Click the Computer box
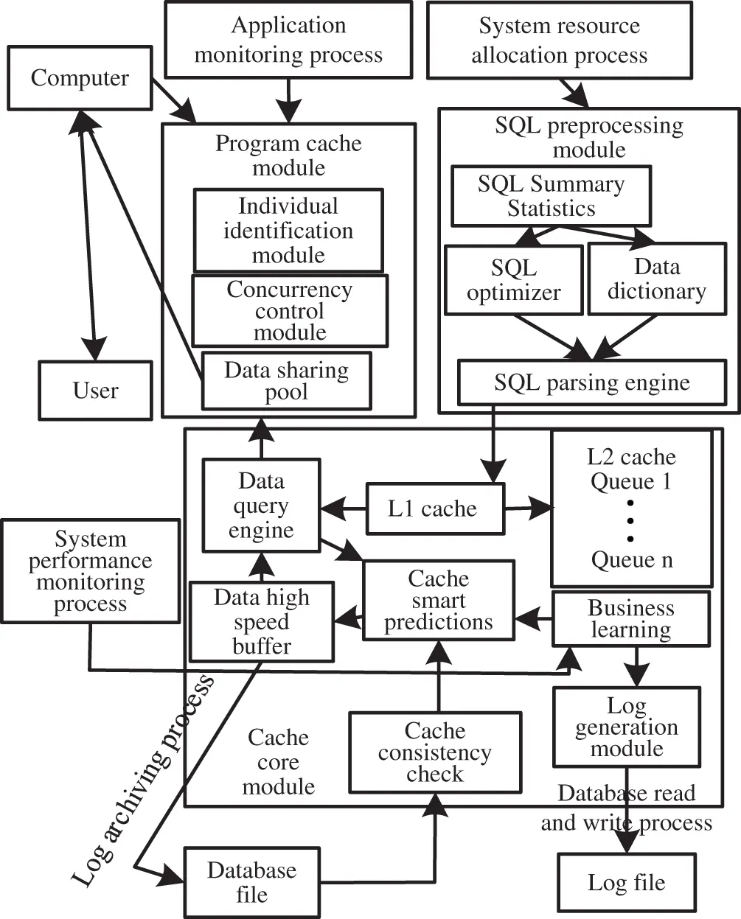(x=79, y=78)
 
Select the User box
(x=95, y=390)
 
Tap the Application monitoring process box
(x=288, y=40)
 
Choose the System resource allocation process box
(x=559, y=40)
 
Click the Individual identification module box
(x=288, y=231)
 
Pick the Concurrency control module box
(x=289, y=311)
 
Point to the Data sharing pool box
(x=286, y=380)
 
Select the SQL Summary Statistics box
(x=551, y=196)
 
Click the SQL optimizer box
(x=513, y=280)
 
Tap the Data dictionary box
(x=656, y=279)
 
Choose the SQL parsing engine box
(x=592, y=382)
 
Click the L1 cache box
(x=435, y=509)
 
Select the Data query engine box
(x=261, y=506)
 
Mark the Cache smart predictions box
(x=438, y=600)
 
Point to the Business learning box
(x=631, y=619)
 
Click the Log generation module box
(x=626, y=727)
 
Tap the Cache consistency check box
(x=434, y=752)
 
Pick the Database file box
(x=251, y=881)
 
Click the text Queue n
(x=632, y=560)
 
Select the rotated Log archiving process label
(x=143, y=778)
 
